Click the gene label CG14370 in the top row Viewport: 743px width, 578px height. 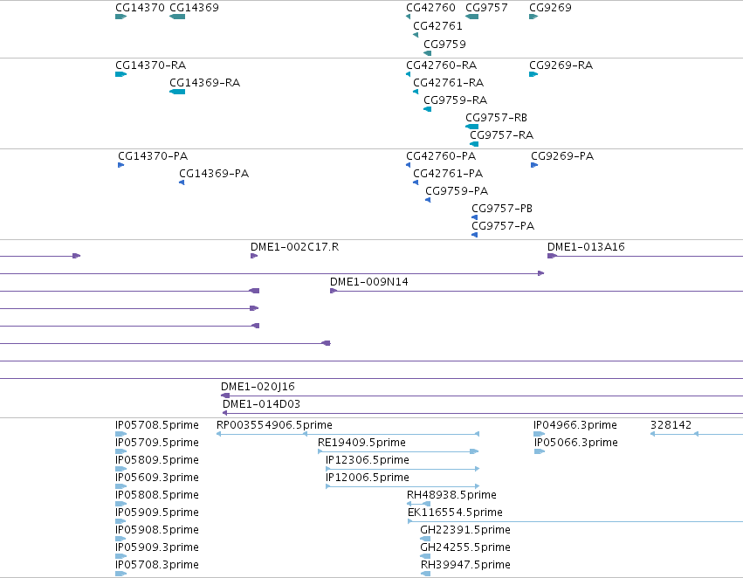140,8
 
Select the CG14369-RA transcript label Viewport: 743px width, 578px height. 204,83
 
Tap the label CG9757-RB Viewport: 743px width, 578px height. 496,118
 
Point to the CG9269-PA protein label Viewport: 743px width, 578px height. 562,156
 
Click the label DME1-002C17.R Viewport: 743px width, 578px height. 294,247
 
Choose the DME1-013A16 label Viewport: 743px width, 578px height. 586,247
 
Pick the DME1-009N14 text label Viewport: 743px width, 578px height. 368,282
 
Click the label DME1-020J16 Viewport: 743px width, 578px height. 258,387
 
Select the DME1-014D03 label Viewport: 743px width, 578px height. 261,404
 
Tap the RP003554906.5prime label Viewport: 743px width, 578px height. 274,425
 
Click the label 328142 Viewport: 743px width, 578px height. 671,425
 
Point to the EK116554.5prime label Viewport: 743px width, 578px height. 455,513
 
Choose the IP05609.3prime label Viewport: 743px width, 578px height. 157,477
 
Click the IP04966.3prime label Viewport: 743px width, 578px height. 575,425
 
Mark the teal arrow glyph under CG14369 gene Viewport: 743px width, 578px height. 177,17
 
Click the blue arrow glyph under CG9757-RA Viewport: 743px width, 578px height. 474,144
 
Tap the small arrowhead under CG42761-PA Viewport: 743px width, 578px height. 416,182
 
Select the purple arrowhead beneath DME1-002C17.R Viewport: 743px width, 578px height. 254,256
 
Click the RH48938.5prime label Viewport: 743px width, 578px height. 451,494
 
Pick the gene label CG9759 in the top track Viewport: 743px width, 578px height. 444,44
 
